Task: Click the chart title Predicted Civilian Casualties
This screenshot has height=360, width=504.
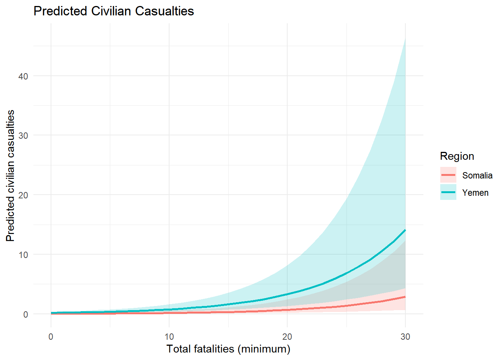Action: click(114, 11)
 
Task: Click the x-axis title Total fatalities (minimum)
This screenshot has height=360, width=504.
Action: click(228, 349)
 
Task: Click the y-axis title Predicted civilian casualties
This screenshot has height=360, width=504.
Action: click(10, 175)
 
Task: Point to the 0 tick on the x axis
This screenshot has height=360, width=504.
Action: click(51, 337)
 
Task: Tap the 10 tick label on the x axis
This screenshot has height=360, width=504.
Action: click(169, 337)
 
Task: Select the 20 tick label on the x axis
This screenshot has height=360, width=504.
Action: click(287, 337)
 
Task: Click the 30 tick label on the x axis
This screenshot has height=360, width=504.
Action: click(405, 337)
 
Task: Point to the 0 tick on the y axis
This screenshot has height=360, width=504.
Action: click(25, 314)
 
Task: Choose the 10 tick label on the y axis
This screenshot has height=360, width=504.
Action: click(23, 255)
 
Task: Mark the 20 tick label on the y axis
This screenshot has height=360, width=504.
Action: click(23, 195)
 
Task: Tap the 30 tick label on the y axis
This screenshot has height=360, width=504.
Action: click(23, 135)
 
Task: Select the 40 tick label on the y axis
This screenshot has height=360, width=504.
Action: click(23, 76)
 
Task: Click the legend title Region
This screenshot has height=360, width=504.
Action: click(457, 156)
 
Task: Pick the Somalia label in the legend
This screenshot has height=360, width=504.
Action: click(477, 175)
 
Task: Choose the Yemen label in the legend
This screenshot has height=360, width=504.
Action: click(475, 193)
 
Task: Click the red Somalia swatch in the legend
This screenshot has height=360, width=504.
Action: click(448, 175)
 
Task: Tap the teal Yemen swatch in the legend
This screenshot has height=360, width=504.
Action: click(448, 192)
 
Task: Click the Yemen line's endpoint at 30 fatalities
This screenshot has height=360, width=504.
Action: click(405, 230)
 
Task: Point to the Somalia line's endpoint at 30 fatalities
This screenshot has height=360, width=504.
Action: click(405, 297)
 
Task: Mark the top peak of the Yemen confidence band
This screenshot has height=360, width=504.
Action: click(405, 38)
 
